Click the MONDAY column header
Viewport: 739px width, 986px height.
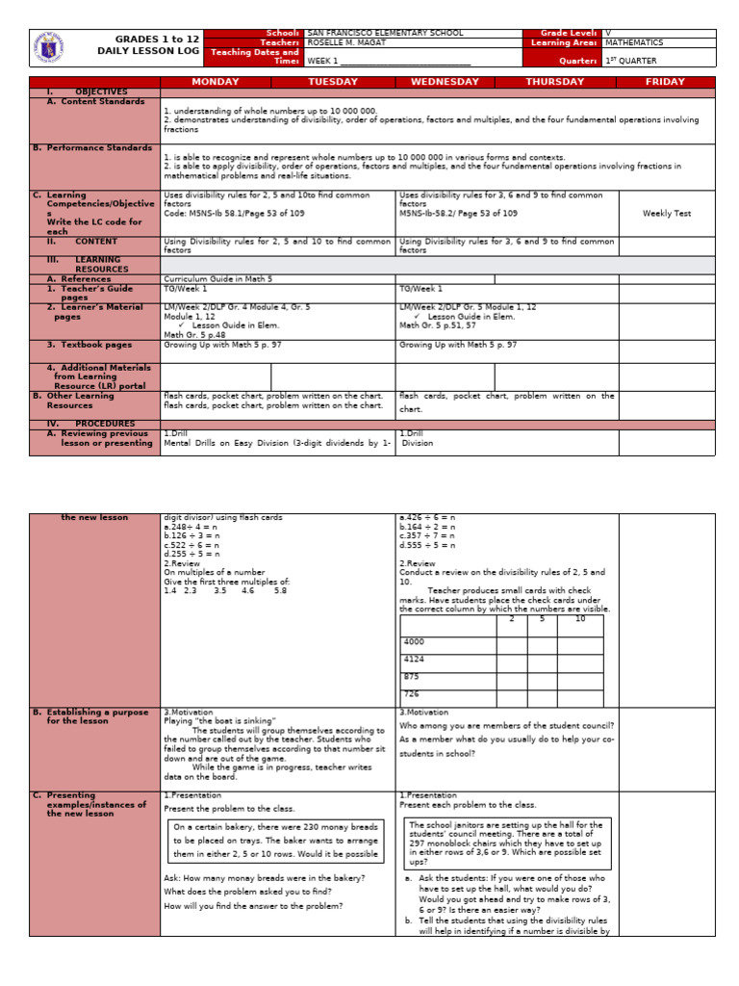pyautogui.click(x=217, y=82)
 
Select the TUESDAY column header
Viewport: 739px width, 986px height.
pyautogui.click(x=332, y=82)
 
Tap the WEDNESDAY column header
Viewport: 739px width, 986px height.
pyautogui.click(x=445, y=82)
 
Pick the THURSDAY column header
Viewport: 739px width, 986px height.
pyautogui.click(x=554, y=82)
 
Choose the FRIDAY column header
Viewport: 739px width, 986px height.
pyautogui.click(x=665, y=82)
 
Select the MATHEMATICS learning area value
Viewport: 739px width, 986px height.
pyautogui.click(x=634, y=42)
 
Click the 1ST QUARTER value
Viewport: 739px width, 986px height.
pyautogui.click(x=631, y=60)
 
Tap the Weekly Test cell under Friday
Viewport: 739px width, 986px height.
pyautogui.click(x=666, y=213)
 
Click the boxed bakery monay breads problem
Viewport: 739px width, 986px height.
pyautogui.click(x=275, y=840)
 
